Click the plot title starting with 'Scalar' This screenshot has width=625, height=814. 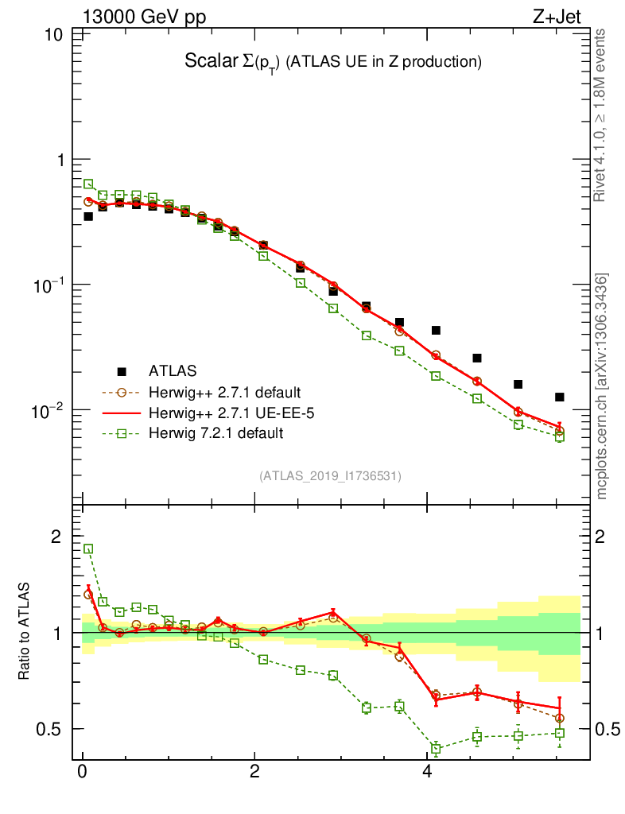point(334,61)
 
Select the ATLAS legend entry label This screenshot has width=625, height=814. point(173,370)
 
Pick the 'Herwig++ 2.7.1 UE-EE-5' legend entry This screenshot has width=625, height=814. point(227,413)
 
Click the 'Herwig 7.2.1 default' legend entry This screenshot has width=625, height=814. point(215,433)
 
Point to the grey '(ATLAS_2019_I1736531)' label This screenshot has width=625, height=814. point(330,476)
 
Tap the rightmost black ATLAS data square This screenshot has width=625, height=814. point(560,397)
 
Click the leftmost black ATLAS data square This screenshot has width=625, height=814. point(88,216)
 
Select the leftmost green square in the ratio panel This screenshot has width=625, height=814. point(88,548)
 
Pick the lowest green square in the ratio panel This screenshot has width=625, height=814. point(436,748)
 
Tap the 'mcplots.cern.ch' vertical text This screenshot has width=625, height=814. point(601,386)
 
